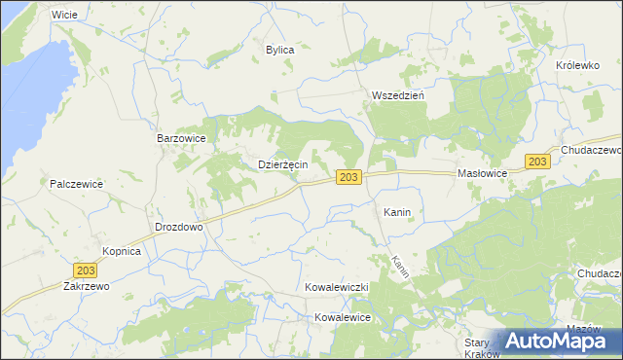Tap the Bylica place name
click(279, 49)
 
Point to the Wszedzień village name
click(396, 95)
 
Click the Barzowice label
click(181, 139)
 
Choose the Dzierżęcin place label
click(282, 164)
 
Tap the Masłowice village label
click(483, 173)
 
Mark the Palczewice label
click(77, 183)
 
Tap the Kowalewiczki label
click(335, 289)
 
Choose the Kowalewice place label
click(343, 317)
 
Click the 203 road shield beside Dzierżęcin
click(350, 177)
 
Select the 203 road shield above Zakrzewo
click(86, 269)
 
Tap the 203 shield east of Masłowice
click(537, 162)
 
